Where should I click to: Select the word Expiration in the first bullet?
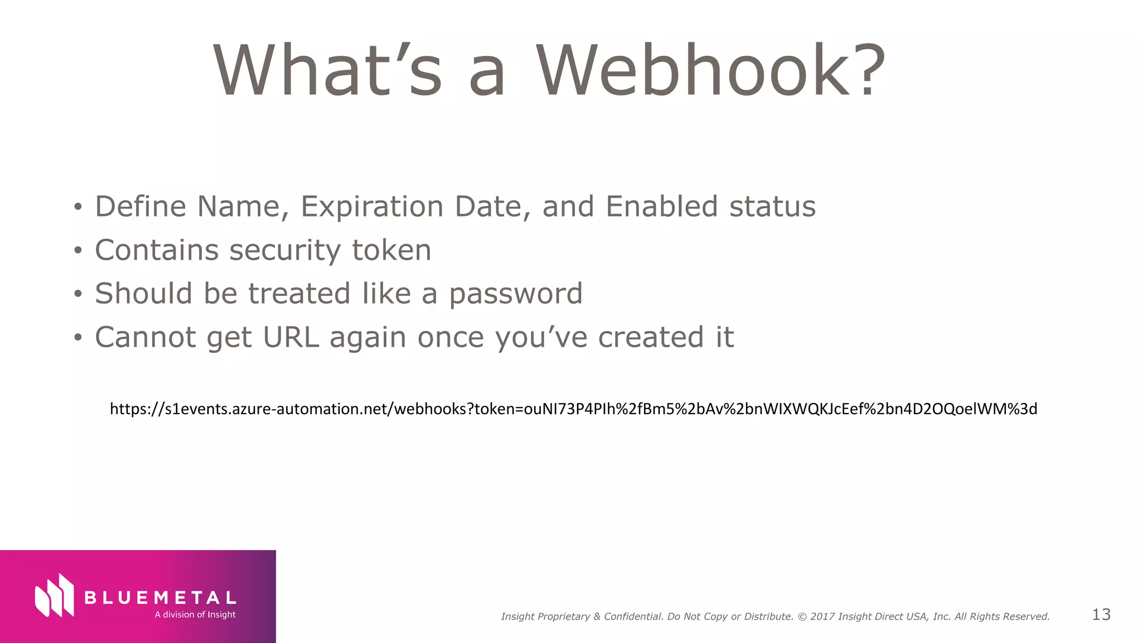pos(372,207)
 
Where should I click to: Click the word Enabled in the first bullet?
pos(661,207)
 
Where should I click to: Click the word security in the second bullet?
pos(284,251)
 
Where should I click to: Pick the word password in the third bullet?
pos(516,295)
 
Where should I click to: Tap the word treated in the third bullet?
pos(299,294)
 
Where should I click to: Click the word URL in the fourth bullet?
pos(291,337)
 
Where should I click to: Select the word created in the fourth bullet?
pos(651,337)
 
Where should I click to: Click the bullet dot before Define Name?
pos(78,208)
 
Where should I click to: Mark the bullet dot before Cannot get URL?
pos(78,338)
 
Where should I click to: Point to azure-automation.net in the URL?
pos(312,409)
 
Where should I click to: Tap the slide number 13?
pos(1101,615)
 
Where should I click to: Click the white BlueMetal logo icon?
pos(55,596)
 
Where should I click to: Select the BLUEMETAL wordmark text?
pos(160,598)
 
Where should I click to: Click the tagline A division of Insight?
pos(195,615)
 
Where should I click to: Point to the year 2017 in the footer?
pos(822,617)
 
